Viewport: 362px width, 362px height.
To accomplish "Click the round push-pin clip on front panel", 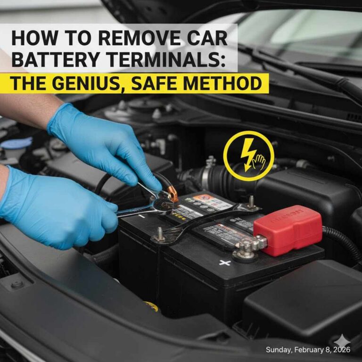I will click(17, 284).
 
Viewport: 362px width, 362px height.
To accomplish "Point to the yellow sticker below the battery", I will click(151, 307).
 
